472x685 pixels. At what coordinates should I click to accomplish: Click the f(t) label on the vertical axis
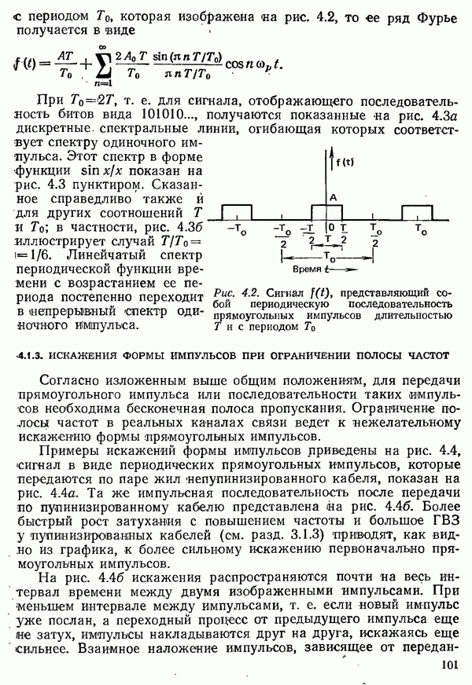pyautogui.click(x=343, y=163)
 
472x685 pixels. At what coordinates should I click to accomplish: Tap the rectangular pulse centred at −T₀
pyautogui.click(x=237, y=212)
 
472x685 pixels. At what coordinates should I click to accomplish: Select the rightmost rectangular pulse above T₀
pyautogui.click(x=418, y=212)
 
